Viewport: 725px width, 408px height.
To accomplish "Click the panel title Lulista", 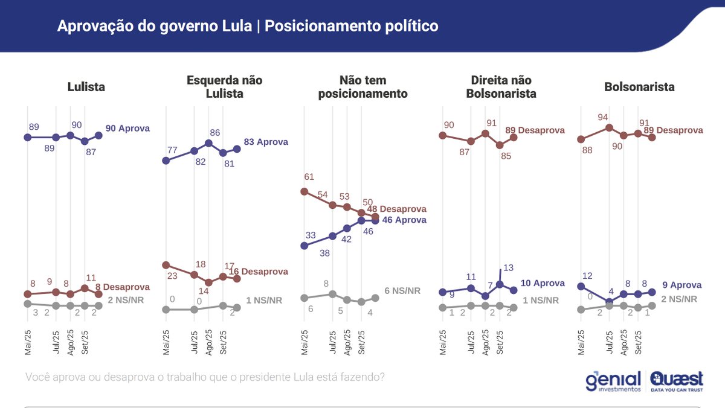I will [86, 87].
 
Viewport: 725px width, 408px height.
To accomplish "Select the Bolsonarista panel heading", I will [639, 87].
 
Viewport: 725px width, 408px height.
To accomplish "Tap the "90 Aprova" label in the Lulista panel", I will [127, 128].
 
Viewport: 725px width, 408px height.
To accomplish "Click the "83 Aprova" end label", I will [266, 142].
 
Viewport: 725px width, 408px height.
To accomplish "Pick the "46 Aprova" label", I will [404, 220].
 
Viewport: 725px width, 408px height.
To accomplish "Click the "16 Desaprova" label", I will [259, 272].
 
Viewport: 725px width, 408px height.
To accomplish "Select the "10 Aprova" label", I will [542, 283].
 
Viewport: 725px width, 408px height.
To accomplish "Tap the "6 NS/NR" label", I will [402, 290].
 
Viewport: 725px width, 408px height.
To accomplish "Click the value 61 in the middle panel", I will [309, 177].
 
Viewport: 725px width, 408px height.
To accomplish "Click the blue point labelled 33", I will [304, 246].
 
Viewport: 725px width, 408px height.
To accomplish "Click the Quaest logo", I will [677, 381].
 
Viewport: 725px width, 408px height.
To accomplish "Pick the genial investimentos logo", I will [613, 381].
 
